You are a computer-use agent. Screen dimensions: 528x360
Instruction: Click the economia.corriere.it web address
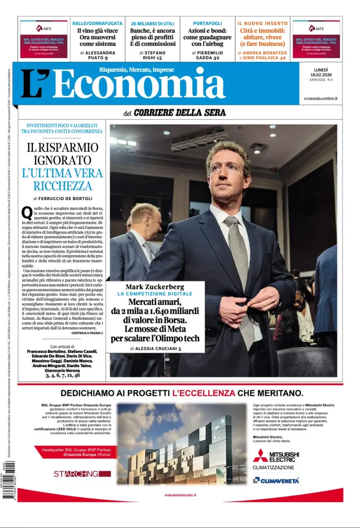[320, 98]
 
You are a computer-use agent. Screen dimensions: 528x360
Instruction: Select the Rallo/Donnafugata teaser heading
[97, 23]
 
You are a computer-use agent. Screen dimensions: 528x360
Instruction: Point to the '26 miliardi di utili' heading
[152, 23]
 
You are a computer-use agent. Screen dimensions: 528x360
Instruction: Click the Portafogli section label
[207, 23]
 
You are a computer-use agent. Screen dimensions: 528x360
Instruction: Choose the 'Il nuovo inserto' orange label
[263, 23]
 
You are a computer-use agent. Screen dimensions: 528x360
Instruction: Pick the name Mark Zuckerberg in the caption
[155, 287]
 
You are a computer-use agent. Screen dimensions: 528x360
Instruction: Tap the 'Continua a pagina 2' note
[83, 333]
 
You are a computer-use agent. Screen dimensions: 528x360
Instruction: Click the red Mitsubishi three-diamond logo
[260, 455]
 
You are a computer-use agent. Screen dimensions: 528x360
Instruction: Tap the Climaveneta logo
[276, 480]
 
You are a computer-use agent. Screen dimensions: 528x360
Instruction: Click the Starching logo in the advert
[76, 473]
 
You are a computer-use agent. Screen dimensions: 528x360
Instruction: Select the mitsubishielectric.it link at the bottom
[180, 495]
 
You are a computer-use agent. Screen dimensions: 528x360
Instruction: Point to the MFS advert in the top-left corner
[44, 39]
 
